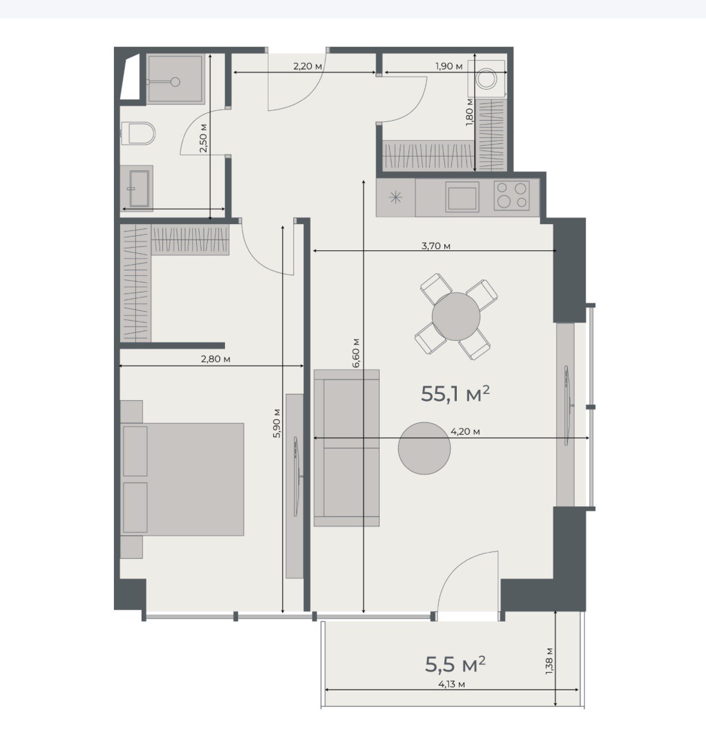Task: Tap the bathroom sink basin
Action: pyautogui.click(x=139, y=189)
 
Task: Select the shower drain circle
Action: pyautogui.click(x=175, y=82)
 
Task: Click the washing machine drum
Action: pyautogui.click(x=486, y=79)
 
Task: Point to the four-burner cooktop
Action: pyautogui.click(x=511, y=195)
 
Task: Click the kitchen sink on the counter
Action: pyautogui.click(x=462, y=196)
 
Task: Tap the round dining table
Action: pyautogui.click(x=456, y=316)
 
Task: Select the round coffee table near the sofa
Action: pyautogui.click(x=425, y=448)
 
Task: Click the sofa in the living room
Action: pyautogui.click(x=347, y=447)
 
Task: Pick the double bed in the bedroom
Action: pyautogui.click(x=182, y=479)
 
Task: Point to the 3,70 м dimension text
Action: pyautogui.click(x=436, y=246)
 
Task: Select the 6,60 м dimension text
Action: pyautogui.click(x=356, y=354)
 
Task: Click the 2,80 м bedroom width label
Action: pyautogui.click(x=215, y=359)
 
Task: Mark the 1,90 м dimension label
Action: pyautogui.click(x=449, y=66)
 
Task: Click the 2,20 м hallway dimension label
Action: pyautogui.click(x=308, y=66)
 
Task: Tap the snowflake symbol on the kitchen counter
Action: pyautogui.click(x=395, y=197)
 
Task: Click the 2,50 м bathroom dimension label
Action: pyautogui.click(x=203, y=138)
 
